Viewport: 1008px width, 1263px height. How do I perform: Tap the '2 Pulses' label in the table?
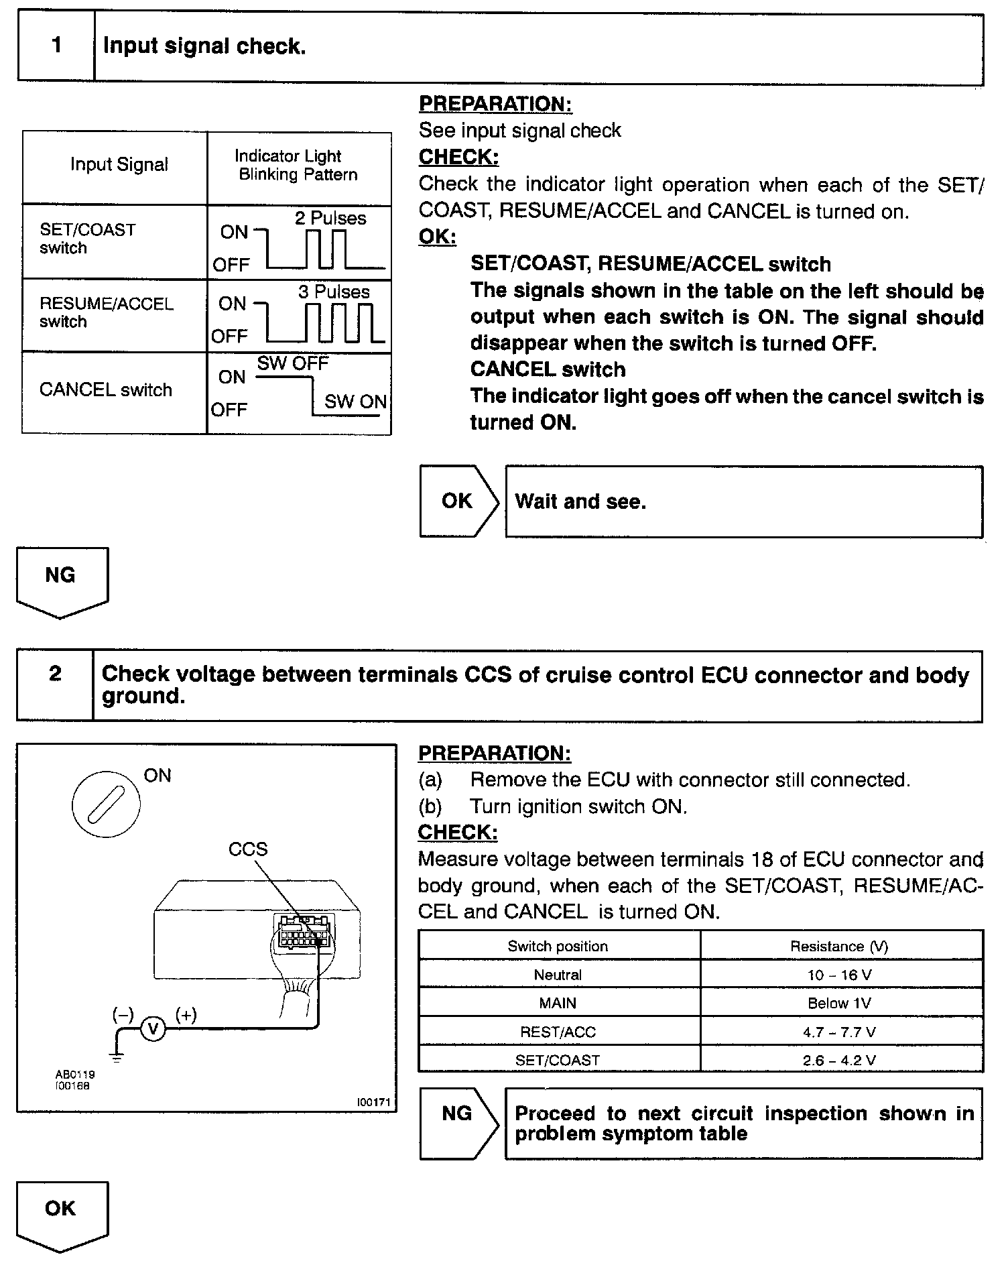pos(330,218)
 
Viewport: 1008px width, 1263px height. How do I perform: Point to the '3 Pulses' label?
pos(334,292)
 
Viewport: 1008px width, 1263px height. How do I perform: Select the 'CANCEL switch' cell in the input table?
pos(106,390)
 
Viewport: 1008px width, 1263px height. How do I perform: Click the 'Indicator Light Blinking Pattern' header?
pos(298,166)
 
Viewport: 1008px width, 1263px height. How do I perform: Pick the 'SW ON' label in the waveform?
pos(355,402)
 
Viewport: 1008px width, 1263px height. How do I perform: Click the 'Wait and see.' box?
pos(744,501)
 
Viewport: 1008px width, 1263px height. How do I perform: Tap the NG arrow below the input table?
pos(62,580)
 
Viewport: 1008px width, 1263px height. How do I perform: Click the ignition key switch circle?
pos(106,802)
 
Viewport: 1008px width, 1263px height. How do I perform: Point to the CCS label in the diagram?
pos(247,849)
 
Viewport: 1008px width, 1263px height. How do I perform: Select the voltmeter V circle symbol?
pos(153,1028)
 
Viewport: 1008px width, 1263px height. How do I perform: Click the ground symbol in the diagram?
pos(117,1059)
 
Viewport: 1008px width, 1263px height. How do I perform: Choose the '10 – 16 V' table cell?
pos(840,975)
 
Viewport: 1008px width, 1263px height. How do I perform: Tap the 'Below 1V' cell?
pos(840,1003)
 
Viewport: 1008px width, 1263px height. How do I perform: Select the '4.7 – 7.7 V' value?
pos(840,1032)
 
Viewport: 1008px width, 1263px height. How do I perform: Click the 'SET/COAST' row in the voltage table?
pos(558,1061)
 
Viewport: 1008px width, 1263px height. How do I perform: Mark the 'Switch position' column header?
pos(558,946)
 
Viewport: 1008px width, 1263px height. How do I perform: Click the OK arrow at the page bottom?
pos(62,1214)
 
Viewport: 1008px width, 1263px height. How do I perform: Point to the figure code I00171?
pos(373,1102)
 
